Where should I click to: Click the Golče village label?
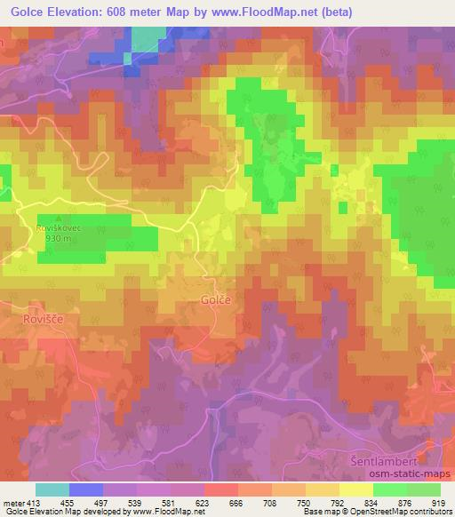tap(216, 300)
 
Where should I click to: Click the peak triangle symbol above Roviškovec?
tap(58, 218)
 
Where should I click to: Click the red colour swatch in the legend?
tap(220, 489)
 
